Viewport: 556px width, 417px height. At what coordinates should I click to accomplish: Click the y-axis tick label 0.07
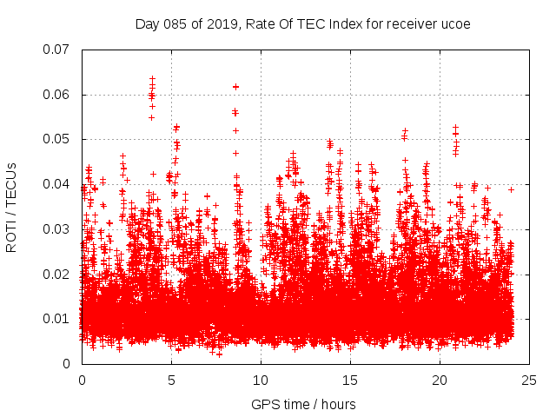[x=57, y=50]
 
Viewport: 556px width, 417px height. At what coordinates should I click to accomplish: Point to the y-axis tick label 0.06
[x=57, y=95]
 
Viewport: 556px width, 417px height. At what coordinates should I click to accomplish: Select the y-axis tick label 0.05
[x=57, y=139]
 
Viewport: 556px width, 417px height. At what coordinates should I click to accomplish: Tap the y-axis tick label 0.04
[x=57, y=184]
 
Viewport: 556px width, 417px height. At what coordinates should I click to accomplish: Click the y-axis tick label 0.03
[x=57, y=229]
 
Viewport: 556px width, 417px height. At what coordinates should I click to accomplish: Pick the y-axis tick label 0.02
[x=57, y=274]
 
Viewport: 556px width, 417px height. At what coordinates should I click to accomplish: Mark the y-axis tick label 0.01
[x=57, y=319]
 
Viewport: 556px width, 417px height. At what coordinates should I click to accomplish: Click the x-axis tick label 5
[x=171, y=381]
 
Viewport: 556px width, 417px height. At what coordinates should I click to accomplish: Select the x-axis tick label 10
[x=261, y=381]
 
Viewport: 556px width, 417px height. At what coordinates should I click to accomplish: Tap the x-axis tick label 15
[x=350, y=381]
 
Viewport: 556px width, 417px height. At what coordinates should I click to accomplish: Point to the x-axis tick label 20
[x=440, y=381]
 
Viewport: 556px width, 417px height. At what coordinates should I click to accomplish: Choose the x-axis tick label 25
[x=529, y=381]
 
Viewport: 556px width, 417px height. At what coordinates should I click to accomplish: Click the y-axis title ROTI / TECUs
[x=12, y=207]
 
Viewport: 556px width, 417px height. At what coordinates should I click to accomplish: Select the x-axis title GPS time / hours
[x=303, y=404]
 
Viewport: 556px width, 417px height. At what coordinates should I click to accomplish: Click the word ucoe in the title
[x=455, y=23]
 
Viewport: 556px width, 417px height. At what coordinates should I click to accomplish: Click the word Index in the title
[x=331, y=23]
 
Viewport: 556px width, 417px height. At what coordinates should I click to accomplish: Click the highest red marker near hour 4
[x=152, y=79]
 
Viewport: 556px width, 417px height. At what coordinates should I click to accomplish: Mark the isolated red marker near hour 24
[x=511, y=189]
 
